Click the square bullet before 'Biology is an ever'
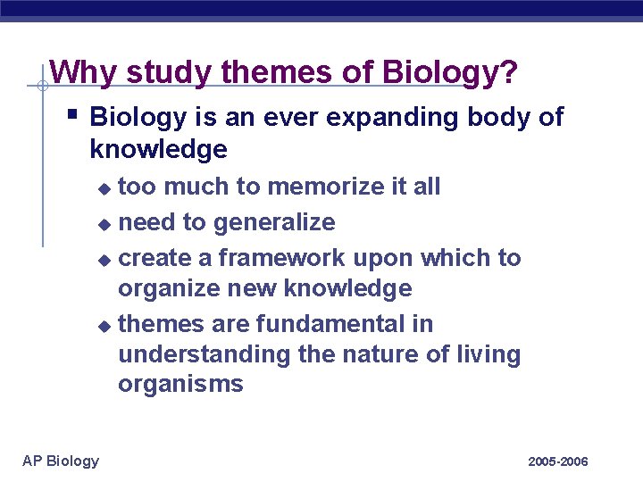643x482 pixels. pos(71,115)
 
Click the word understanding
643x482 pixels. pos(205,354)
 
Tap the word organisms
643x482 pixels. pos(180,385)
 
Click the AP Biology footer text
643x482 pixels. pos(61,461)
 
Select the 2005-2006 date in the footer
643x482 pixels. pos(558,461)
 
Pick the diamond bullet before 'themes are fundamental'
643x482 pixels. pos(105,325)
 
